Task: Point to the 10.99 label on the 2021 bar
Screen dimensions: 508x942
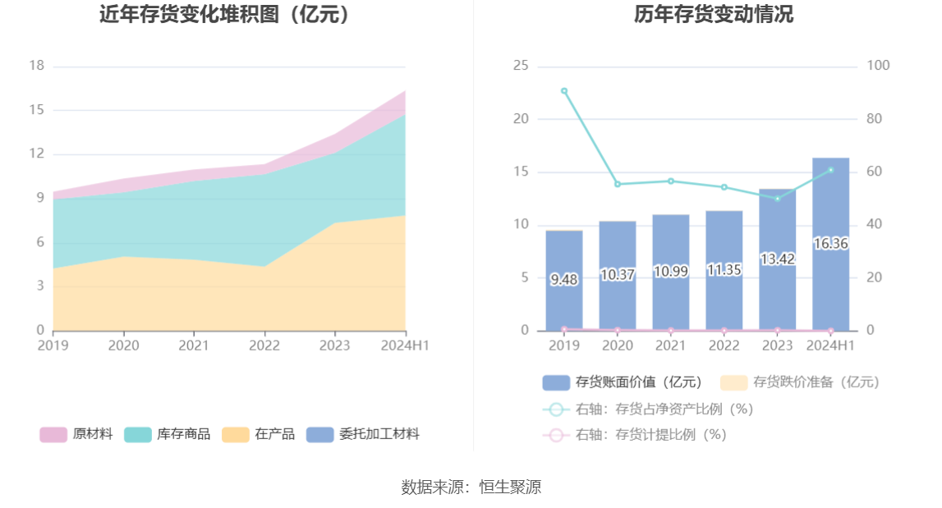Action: point(670,272)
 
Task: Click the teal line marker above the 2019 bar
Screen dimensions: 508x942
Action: point(564,91)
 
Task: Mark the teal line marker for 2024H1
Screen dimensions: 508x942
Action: point(830,170)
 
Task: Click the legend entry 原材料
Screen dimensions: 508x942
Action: point(76,434)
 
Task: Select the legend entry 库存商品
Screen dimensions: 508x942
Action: point(168,434)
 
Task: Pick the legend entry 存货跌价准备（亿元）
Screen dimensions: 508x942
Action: point(800,382)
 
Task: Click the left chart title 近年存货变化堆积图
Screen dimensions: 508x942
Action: point(225,14)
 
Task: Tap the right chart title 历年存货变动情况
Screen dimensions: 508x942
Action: point(713,14)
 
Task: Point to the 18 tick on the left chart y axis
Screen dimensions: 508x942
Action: point(36,66)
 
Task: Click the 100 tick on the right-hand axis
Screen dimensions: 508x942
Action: point(879,66)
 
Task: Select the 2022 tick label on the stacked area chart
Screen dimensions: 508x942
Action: point(264,346)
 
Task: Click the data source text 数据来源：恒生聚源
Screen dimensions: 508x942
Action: point(471,487)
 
